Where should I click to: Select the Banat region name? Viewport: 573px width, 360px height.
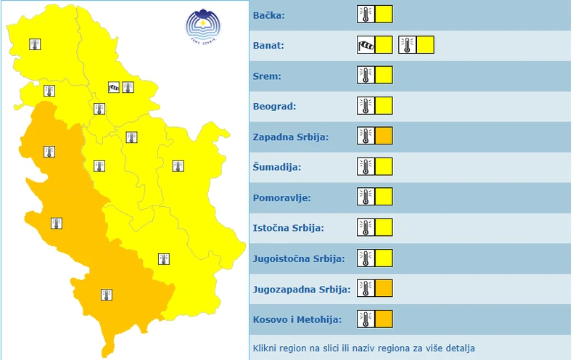[x=268, y=46]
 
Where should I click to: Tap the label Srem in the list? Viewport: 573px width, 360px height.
[x=266, y=76]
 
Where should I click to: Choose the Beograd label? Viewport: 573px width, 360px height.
[x=272, y=107]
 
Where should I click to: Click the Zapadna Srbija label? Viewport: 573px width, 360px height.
[x=291, y=136]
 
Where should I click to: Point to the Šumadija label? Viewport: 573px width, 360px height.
[x=276, y=167]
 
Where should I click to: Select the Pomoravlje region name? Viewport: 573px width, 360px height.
[x=281, y=197]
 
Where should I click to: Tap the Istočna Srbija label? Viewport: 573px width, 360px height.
[x=288, y=228]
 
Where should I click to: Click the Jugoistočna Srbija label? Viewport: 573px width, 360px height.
[x=299, y=258]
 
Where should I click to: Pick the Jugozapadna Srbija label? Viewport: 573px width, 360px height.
[x=302, y=289]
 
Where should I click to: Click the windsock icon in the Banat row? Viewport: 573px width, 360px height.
[x=366, y=45]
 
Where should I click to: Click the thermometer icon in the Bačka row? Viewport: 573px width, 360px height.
[x=366, y=15]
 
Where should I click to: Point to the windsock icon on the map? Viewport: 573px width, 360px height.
[x=114, y=88]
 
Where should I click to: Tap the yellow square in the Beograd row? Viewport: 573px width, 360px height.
[x=384, y=106]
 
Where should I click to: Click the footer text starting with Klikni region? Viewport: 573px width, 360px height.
[x=364, y=348]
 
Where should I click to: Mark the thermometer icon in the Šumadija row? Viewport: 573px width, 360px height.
[x=366, y=167]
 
